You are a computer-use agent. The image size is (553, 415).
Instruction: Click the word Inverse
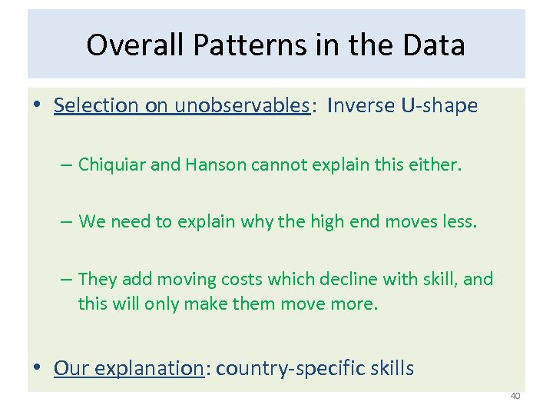(x=361, y=105)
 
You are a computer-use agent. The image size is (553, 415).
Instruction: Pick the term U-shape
(x=439, y=105)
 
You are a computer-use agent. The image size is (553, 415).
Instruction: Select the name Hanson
(x=217, y=164)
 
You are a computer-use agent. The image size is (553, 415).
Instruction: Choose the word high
(x=329, y=222)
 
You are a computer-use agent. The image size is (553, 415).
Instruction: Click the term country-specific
(x=288, y=368)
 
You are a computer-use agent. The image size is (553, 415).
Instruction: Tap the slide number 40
(x=515, y=397)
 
